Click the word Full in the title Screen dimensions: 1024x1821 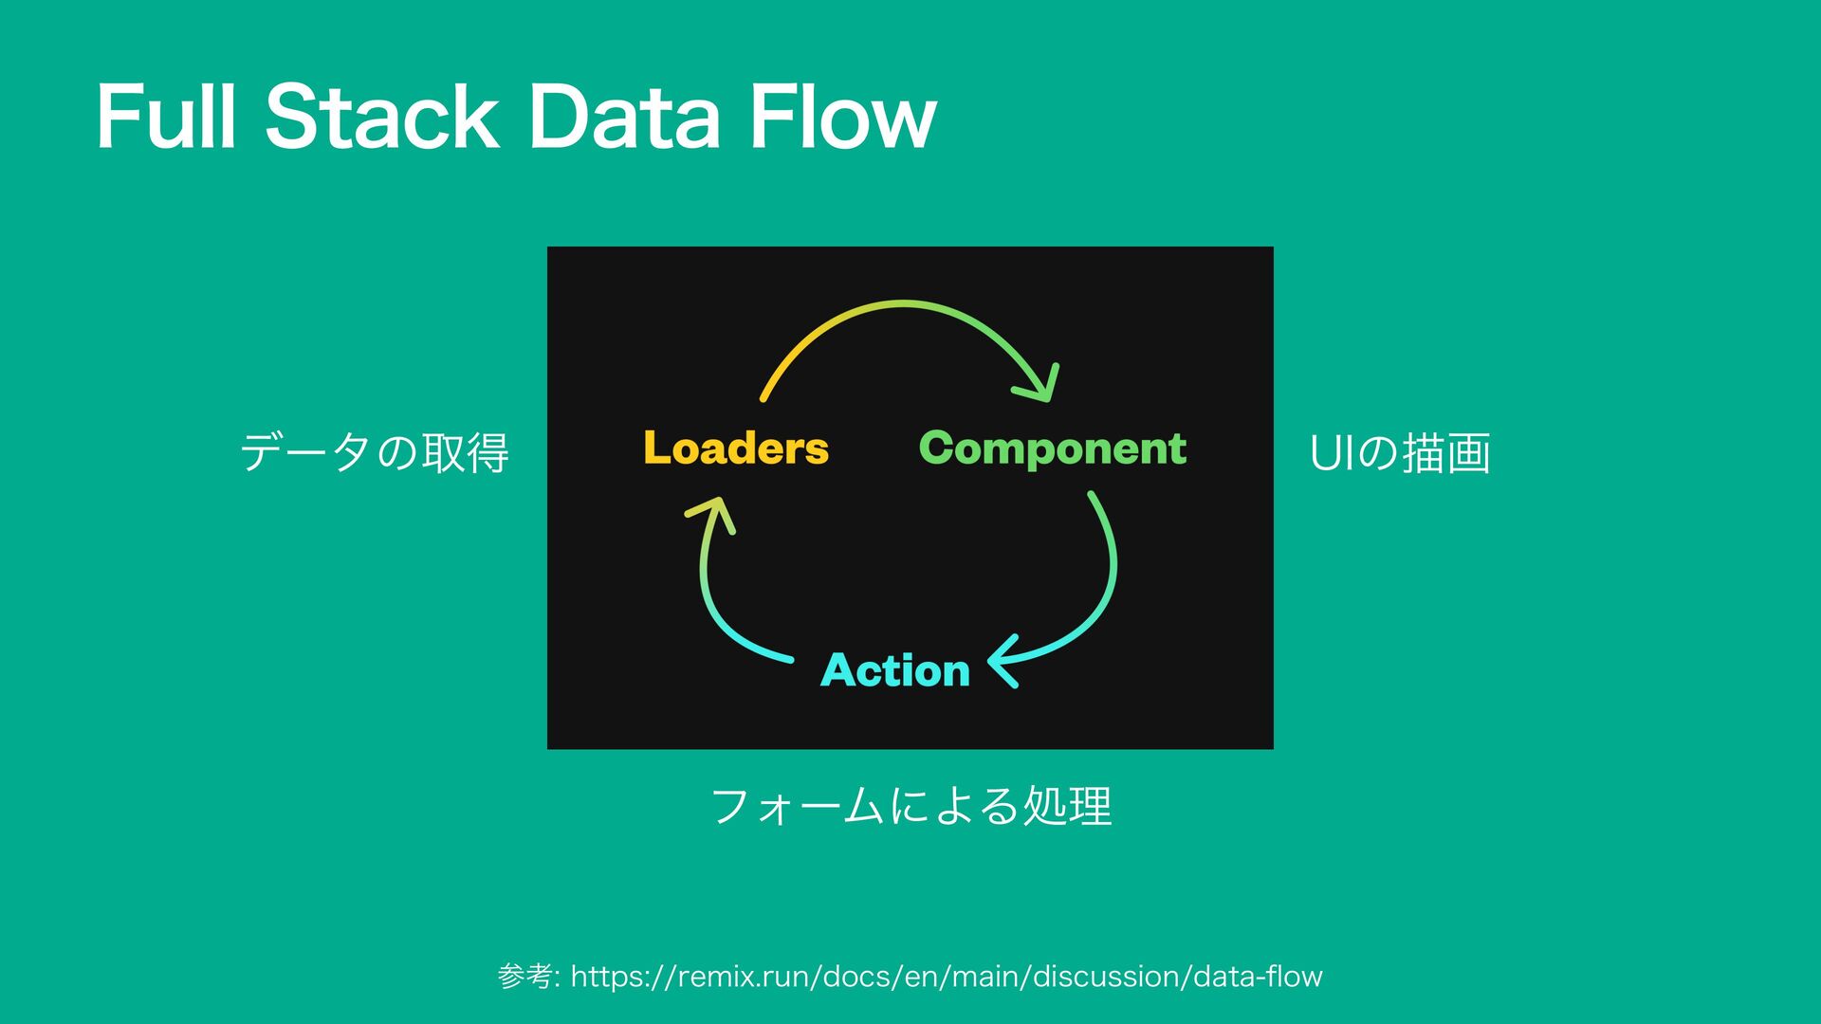(165, 118)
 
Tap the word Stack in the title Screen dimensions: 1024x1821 (381, 118)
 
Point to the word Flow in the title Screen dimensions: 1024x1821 (841, 118)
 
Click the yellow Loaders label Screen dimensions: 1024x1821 (736, 448)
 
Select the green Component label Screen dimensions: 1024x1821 (1053, 448)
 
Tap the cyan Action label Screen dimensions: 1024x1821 (895, 670)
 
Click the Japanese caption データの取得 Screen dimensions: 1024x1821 (375, 452)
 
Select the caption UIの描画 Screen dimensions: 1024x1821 (1400, 452)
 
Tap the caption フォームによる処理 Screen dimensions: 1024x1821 (910, 806)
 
